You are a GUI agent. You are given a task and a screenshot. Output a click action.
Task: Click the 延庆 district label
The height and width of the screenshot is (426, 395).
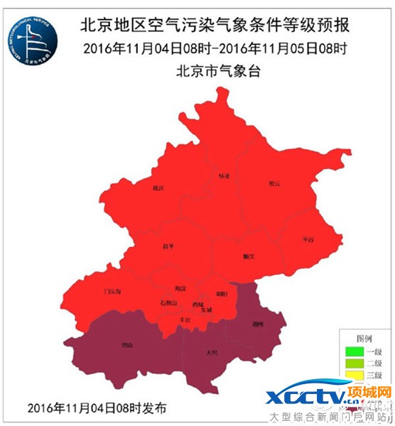(x=158, y=189)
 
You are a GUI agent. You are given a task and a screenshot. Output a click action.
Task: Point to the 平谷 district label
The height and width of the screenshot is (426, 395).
(x=308, y=239)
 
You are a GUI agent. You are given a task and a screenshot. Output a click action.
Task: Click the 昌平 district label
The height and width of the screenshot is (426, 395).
(x=168, y=246)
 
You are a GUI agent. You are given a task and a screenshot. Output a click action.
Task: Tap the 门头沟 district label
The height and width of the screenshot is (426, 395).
(x=112, y=291)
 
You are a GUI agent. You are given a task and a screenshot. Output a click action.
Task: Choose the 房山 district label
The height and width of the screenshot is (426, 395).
(x=126, y=346)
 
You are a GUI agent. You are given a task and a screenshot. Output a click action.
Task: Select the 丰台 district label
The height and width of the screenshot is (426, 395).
(x=185, y=320)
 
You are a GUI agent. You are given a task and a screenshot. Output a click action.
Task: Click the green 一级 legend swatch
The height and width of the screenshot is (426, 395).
(x=351, y=351)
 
